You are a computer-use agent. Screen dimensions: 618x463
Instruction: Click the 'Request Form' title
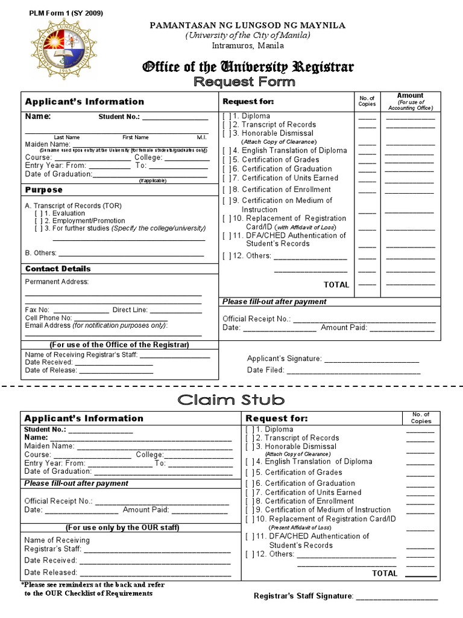[x=244, y=81]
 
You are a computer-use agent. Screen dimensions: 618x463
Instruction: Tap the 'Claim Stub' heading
[x=231, y=400]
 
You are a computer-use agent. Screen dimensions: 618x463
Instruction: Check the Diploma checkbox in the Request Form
[x=227, y=116]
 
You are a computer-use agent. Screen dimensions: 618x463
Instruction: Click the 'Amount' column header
[x=410, y=95]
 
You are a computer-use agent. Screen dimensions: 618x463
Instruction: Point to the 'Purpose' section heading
[x=43, y=190]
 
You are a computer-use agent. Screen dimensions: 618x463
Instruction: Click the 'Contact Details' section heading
[x=58, y=269]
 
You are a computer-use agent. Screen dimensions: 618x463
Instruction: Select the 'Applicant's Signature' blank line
[x=371, y=358]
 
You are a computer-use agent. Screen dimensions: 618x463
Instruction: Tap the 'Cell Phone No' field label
[x=48, y=317]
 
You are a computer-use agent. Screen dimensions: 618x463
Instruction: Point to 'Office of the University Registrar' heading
[x=247, y=66]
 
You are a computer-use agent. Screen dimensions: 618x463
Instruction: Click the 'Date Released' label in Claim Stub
[x=51, y=572]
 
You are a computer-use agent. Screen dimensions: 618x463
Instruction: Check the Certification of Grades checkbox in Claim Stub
[x=250, y=473]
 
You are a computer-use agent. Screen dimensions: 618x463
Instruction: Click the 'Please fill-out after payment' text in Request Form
[x=274, y=301]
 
